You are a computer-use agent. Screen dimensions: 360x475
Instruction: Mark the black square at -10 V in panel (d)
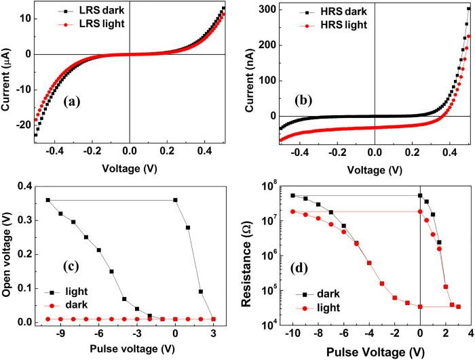pyautogui.click(x=292, y=195)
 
